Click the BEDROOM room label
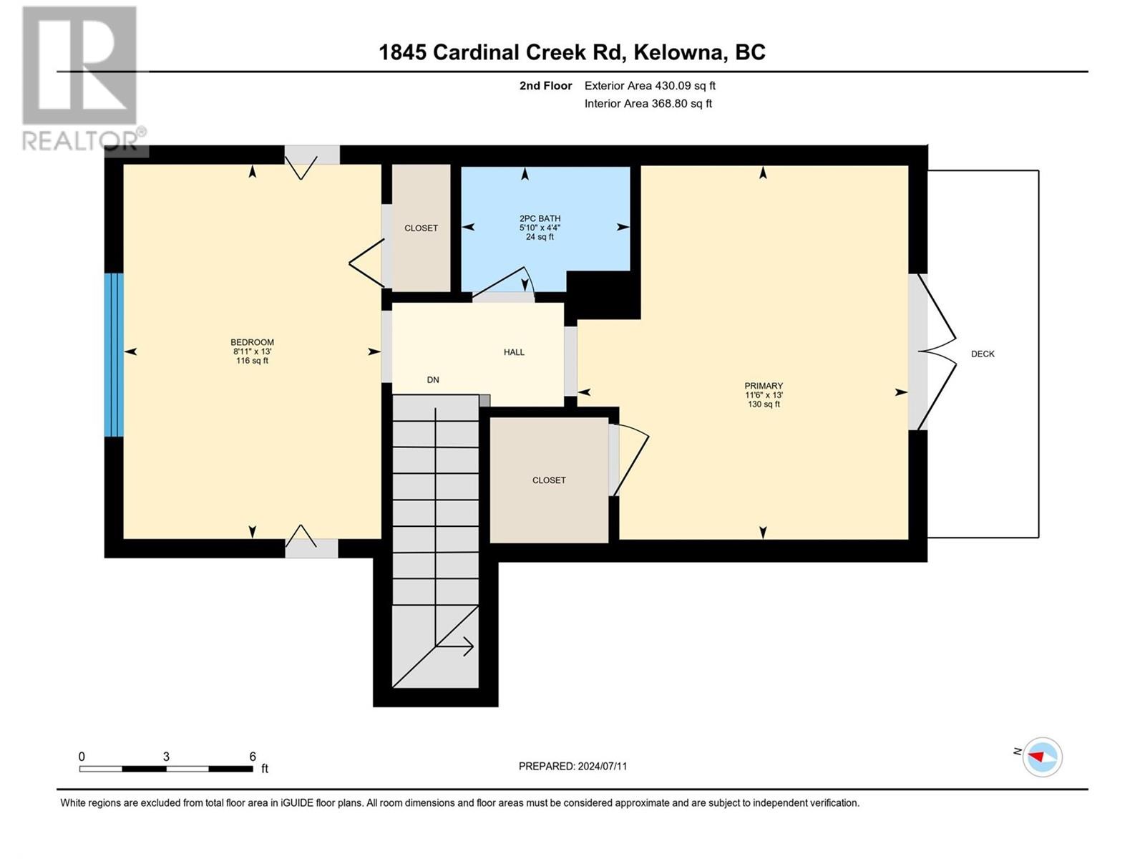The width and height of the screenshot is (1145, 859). [252, 342]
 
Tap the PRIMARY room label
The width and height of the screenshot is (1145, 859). [764, 386]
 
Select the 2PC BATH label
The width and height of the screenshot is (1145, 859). [540, 218]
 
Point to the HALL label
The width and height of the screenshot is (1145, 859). [514, 352]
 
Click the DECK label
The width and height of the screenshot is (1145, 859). [983, 354]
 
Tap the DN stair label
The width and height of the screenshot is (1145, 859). [433, 380]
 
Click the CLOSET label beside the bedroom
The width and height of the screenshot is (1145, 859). [421, 228]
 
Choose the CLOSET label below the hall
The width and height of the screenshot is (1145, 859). [549, 480]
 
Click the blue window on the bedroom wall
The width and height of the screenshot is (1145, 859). [114, 355]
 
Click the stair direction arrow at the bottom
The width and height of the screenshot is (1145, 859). [454, 646]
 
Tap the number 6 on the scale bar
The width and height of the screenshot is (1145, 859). [253, 757]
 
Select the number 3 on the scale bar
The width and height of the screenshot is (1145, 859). [166, 757]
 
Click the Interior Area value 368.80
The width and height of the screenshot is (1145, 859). [672, 104]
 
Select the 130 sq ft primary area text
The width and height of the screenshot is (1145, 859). [764, 404]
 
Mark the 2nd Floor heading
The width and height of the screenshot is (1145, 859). [546, 86]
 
